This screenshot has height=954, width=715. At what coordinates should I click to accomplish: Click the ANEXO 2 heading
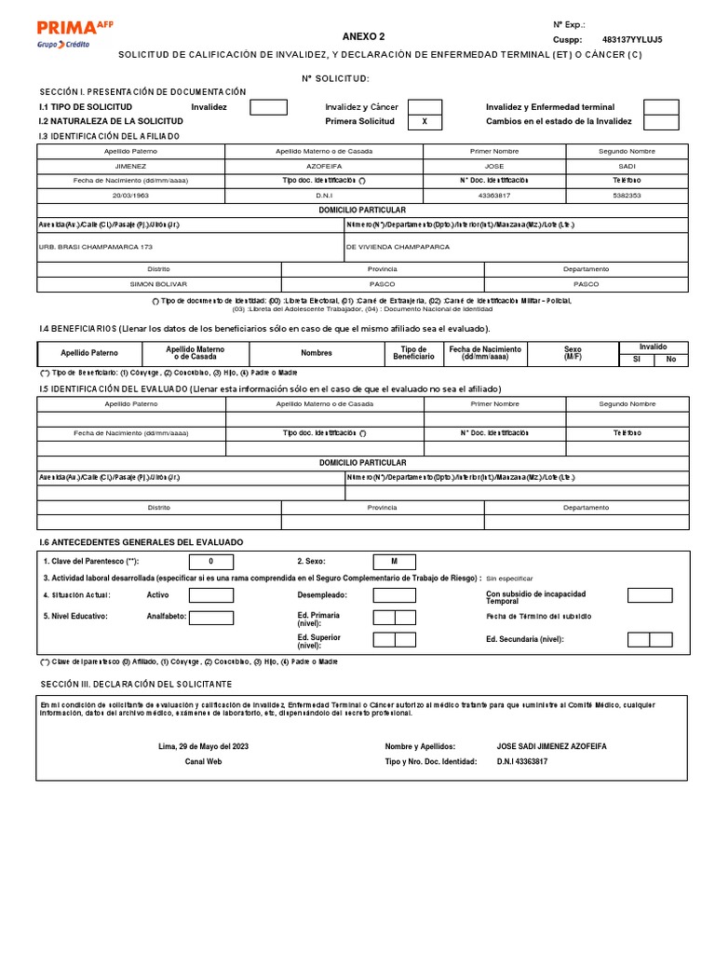click(363, 36)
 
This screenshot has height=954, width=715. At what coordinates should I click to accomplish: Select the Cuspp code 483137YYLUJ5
click(632, 40)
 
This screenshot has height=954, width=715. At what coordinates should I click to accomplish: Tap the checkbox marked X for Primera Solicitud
click(425, 122)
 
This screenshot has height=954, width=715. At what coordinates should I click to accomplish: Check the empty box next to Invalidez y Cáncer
click(425, 107)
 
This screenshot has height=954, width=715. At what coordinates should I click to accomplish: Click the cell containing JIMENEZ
click(130, 166)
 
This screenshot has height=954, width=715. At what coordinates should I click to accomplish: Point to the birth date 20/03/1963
click(130, 195)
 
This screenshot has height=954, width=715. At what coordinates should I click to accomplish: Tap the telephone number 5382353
click(627, 195)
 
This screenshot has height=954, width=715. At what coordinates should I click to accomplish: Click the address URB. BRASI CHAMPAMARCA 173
click(94, 247)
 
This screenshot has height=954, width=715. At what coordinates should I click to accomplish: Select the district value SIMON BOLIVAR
click(158, 283)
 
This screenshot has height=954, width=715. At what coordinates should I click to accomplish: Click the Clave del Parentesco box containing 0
click(211, 562)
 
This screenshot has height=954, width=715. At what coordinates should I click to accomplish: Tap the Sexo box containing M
click(394, 562)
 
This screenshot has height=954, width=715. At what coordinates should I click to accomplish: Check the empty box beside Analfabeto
click(211, 617)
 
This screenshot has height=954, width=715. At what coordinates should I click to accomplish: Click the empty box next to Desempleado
click(394, 595)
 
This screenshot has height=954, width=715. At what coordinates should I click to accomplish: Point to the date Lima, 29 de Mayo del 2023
click(204, 746)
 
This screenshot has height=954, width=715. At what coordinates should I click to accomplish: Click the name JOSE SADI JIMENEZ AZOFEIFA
click(552, 746)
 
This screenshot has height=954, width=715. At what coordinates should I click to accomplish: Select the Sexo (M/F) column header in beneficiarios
click(573, 353)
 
